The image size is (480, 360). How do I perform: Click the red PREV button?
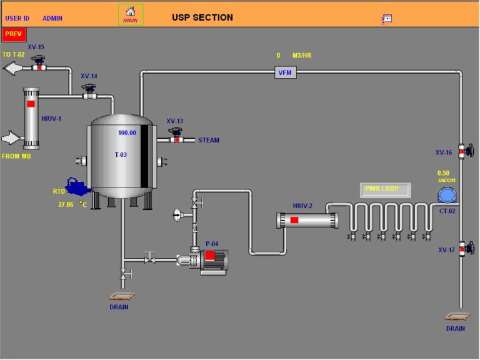click(x=14, y=34)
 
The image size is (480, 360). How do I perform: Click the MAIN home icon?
click(x=131, y=14)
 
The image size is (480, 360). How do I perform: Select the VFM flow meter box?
click(x=286, y=73)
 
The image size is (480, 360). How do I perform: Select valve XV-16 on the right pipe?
click(x=464, y=151)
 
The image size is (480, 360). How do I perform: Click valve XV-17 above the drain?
click(x=464, y=248)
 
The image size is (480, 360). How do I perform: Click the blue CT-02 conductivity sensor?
click(x=447, y=195)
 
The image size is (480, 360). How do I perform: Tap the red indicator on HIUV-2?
click(x=294, y=220)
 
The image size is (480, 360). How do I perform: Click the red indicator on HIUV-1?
click(x=31, y=103)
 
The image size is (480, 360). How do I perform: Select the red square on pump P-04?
click(x=210, y=255)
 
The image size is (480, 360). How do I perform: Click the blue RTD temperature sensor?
click(x=77, y=187)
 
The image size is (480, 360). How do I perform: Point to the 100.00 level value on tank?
click(x=127, y=132)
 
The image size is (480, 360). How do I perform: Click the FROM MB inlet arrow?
click(x=12, y=137)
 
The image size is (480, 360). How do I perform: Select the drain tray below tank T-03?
click(x=121, y=296)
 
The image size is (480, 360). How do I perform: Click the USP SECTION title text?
click(x=202, y=17)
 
